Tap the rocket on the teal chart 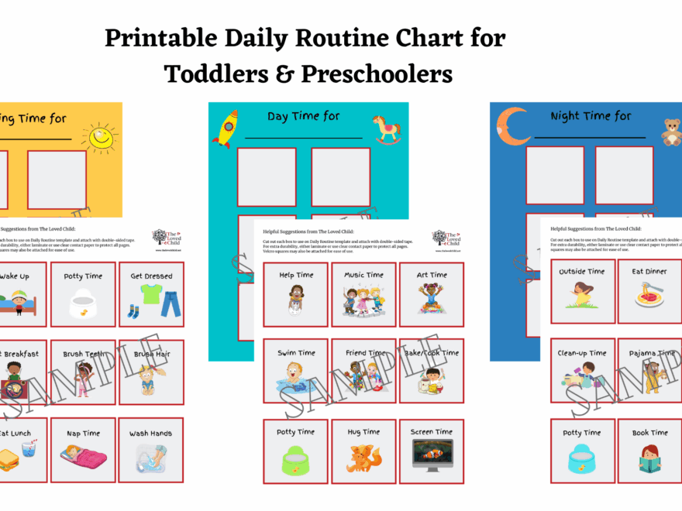(x=226, y=128)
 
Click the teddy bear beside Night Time (x=670, y=132)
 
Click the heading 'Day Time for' (x=304, y=116)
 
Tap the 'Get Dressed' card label (x=151, y=276)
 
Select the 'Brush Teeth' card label (x=83, y=354)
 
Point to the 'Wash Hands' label (x=151, y=433)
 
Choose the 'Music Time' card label (x=363, y=275)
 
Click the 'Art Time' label (x=432, y=275)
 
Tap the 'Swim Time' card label (x=296, y=353)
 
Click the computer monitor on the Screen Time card (x=432, y=456)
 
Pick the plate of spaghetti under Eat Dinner (x=649, y=296)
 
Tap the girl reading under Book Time (x=649, y=458)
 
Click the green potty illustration (x=296, y=458)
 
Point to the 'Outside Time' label (x=583, y=272)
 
